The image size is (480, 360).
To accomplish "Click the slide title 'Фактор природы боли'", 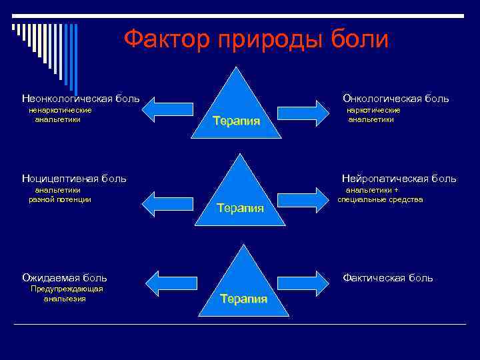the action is pyautogui.click(x=256, y=39).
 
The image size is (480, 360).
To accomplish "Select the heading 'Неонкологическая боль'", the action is pyautogui.click(x=81, y=99).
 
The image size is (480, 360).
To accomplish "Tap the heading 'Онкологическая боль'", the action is pyautogui.click(x=395, y=99).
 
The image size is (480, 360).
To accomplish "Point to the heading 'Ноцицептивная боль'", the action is pyautogui.click(x=74, y=178).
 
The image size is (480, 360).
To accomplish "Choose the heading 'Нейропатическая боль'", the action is pyautogui.click(x=399, y=178).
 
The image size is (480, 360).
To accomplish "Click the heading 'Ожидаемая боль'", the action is pyautogui.click(x=65, y=277).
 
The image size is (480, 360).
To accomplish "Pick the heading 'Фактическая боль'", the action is pyautogui.click(x=387, y=277).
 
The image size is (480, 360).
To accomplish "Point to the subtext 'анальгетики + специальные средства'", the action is pyautogui.click(x=380, y=194).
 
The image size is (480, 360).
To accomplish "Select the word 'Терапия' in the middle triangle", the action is pyautogui.click(x=240, y=208).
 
